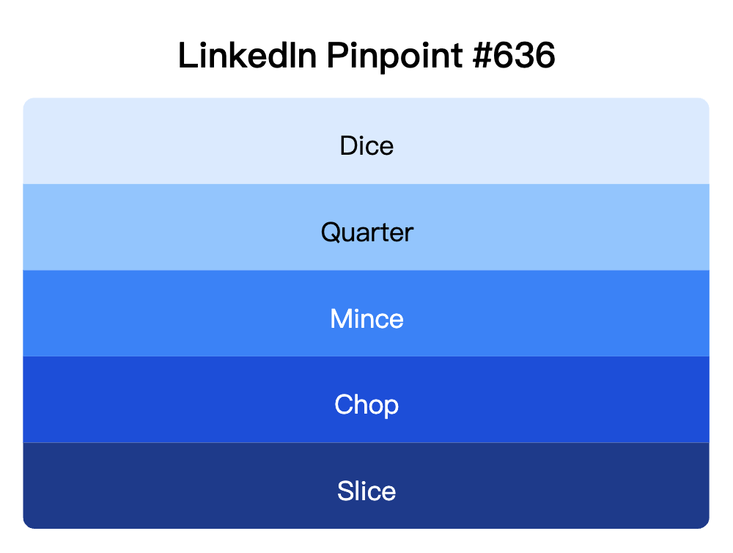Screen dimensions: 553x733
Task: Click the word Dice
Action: click(366, 146)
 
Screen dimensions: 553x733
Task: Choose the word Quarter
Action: click(366, 232)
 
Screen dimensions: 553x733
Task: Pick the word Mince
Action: click(366, 319)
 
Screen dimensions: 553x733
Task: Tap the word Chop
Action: click(366, 405)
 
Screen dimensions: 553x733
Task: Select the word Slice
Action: click(366, 491)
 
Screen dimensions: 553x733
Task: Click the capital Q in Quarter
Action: click(331, 232)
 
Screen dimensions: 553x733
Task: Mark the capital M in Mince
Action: click(340, 319)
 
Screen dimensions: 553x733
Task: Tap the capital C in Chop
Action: click(343, 405)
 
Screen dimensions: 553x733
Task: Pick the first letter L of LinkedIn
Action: click(186, 56)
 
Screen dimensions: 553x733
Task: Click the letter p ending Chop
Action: click(391, 407)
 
